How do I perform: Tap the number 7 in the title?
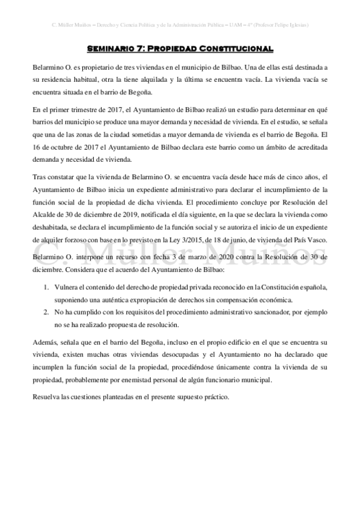pos(139,48)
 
